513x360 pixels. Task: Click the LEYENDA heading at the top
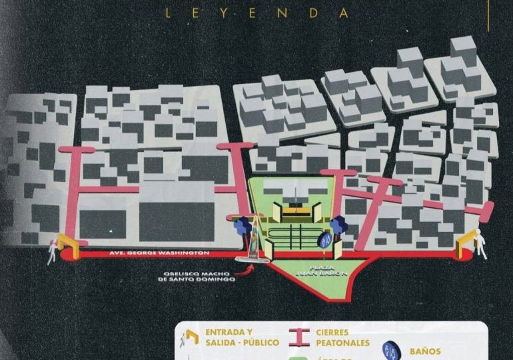point(256,12)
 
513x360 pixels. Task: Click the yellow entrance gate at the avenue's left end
point(67,242)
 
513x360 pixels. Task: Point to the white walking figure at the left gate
point(53,249)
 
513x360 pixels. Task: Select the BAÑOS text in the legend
point(425,350)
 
